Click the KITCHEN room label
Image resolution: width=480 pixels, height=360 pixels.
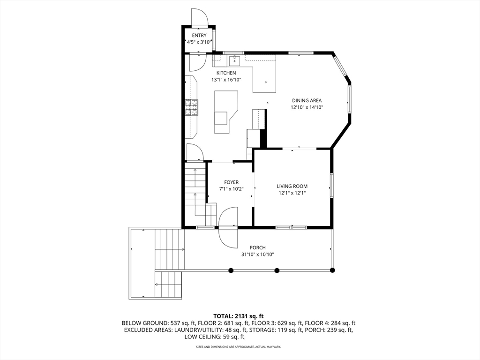tap(226, 73)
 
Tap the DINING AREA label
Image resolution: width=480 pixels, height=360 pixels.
tap(307, 100)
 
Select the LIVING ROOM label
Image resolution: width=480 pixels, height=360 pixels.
tap(292, 186)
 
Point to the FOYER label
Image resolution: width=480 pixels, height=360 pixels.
tap(231, 182)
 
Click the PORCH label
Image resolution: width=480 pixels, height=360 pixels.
tap(257, 247)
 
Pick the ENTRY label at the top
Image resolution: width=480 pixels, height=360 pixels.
tap(199, 36)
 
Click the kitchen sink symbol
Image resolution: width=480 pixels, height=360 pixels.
tap(234, 60)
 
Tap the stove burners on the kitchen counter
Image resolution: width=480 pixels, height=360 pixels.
tap(192, 108)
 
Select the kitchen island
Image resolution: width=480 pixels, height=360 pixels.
tap(226, 112)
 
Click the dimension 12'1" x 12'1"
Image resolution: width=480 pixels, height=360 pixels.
tap(292, 193)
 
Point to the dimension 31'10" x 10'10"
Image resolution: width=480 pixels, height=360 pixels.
tap(257, 255)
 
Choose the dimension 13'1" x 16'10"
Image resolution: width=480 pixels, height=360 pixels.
tap(226, 80)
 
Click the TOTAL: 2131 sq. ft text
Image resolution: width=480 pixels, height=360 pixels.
tap(239, 316)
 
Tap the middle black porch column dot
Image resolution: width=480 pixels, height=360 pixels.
tap(277, 270)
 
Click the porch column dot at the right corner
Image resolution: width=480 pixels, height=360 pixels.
tap(332, 270)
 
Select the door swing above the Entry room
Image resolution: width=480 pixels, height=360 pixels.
tap(200, 16)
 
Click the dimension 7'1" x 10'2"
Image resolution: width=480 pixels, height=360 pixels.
tap(231, 189)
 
